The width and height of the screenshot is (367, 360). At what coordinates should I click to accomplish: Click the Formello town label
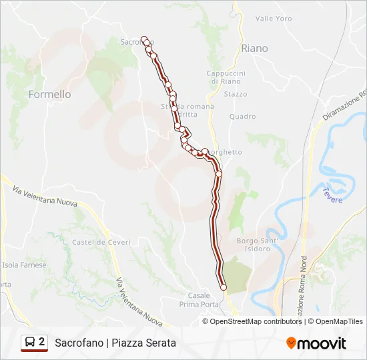coord(49,95)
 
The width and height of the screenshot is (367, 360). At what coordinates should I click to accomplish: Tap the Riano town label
coord(254,49)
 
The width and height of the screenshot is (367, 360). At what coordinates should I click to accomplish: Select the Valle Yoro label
coord(274,19)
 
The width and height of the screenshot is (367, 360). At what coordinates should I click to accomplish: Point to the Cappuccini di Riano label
coord(227,77)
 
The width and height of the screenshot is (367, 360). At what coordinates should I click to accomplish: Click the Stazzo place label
coord(235,95)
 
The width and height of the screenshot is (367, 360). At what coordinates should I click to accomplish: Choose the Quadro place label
coord(242,117)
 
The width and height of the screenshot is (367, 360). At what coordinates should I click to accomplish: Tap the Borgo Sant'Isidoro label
coord(254,245)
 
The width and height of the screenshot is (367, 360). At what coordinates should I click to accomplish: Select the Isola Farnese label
coord(25,265)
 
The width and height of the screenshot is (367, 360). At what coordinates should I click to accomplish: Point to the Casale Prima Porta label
coord(199,300)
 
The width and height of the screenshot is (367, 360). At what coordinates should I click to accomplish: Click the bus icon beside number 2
coord(29,343)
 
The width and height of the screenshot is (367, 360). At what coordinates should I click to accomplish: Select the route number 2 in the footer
coord(42,343)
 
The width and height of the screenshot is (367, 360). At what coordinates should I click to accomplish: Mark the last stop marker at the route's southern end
coord(224,288)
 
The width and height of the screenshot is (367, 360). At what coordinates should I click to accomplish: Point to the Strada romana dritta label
coord(188,111)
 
